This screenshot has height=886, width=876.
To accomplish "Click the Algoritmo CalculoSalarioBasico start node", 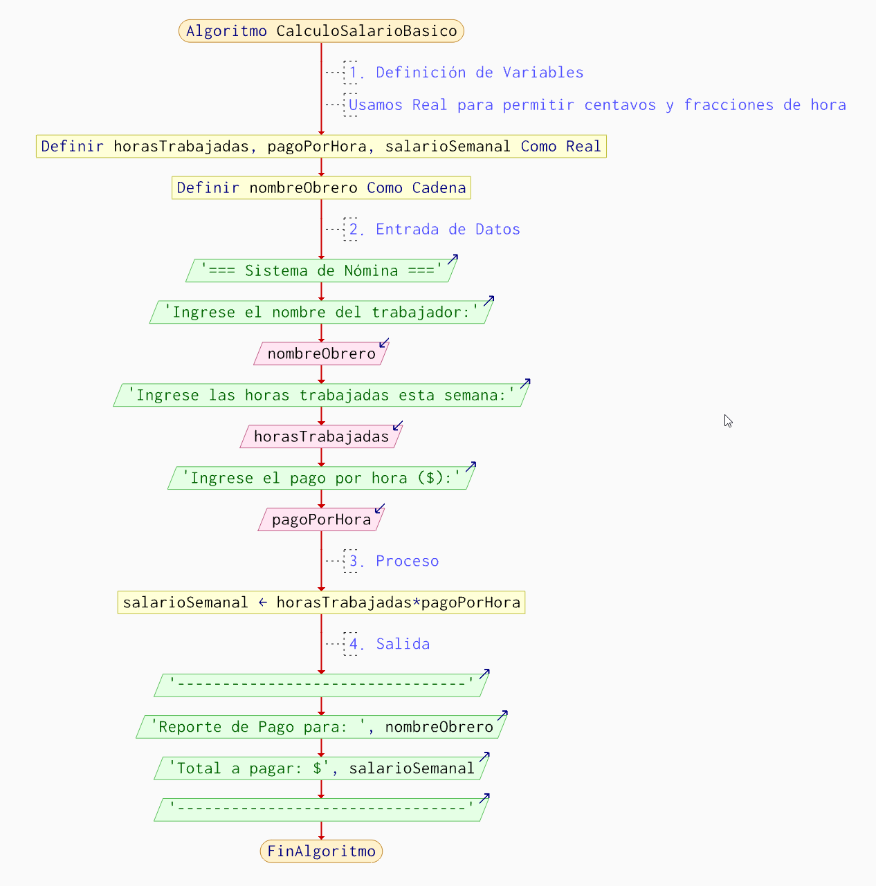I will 321,31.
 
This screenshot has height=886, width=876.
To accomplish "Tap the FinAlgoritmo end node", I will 321,851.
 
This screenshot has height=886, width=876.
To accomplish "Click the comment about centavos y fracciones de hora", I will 596,105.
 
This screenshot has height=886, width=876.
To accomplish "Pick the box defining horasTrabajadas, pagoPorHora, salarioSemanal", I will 321,147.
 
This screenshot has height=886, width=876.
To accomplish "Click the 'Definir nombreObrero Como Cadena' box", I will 321,188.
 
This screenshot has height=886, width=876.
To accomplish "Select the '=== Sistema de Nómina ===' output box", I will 321,271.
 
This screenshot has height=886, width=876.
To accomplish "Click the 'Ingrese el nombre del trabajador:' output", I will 321,313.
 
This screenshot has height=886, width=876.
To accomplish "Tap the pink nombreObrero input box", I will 321,354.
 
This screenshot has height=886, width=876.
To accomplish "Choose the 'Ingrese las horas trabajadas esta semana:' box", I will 321,396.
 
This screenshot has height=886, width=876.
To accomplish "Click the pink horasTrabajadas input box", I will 321,437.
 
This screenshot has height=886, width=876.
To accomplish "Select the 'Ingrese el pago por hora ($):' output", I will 321,479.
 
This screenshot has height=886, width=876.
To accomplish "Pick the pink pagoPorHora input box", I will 321,520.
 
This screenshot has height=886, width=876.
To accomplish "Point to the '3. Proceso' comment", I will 406,561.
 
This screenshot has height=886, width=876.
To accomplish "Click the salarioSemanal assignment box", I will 321,603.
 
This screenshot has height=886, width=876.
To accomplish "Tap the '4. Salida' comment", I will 402,644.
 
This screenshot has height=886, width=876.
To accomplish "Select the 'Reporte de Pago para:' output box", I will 321,727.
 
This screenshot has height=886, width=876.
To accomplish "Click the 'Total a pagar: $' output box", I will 321,768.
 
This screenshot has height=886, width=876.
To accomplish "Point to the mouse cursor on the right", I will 728,421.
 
